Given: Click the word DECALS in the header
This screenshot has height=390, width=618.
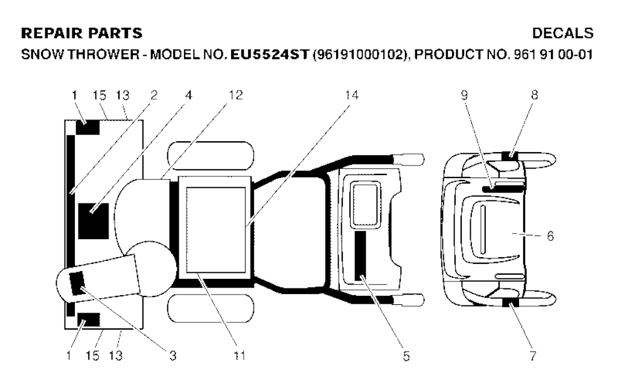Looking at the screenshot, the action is tap(563, 33).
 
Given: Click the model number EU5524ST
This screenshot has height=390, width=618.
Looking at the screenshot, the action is tap(269, 54).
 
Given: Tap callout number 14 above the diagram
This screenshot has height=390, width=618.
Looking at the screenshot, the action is tap(352, 95).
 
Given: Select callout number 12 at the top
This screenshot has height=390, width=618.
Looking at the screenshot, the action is tap(236, 95).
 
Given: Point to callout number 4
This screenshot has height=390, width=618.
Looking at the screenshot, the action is tap(189, 95).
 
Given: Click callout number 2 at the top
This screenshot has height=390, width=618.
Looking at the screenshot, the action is tap(154, 95).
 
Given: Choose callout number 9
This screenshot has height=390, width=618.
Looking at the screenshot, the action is tap(464, 95).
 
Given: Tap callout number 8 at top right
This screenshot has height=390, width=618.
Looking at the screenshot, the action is tap(535, 95).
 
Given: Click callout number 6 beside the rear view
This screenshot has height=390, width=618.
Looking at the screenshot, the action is tap(550, 236).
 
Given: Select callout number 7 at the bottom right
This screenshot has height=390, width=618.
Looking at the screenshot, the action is tap(533, 356).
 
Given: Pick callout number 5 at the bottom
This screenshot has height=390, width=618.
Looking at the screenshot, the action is tap(406, 356).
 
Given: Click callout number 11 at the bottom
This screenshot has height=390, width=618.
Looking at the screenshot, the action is tap(240, 356).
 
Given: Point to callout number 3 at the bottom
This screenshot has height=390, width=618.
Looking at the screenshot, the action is tap(173, 356).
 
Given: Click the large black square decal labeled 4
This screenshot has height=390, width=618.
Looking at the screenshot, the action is tap(94, 221).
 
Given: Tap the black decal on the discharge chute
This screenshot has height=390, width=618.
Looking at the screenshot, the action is tap(77, 284).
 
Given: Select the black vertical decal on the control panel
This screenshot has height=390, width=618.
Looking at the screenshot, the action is tap(360, 256).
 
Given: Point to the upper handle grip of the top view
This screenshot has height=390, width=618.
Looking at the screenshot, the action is tap(409, 159).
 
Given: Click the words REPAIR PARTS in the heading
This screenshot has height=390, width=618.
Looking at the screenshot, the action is tap(81, 33).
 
